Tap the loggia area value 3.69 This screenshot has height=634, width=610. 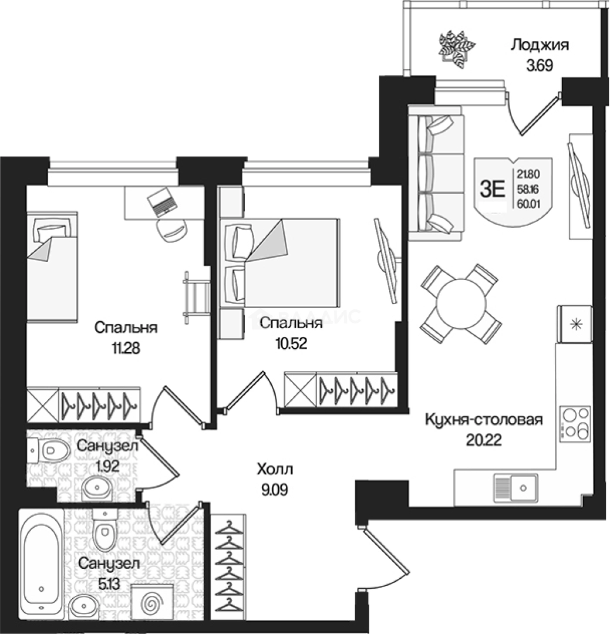pos(538,66)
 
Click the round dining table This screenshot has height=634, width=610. pos(461,303)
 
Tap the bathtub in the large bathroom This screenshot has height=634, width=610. pos(41,562)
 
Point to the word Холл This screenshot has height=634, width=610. pos(274,470)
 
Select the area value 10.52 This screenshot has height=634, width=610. pos(291,343)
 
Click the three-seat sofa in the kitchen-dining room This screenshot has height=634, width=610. pos(436,174)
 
